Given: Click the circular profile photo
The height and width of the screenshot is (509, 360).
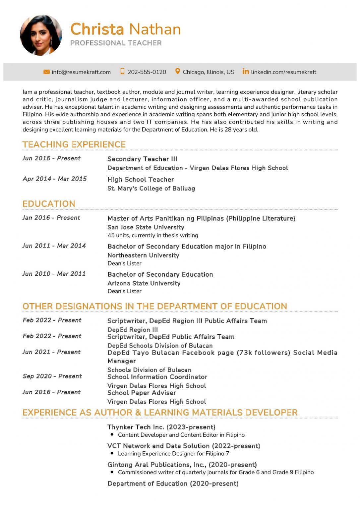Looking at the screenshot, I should [x=41, y=35].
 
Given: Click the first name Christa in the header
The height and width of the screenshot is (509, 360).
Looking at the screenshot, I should [x=97, y=29].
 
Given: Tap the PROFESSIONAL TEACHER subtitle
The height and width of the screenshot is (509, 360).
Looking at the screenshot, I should [x=116, y=43].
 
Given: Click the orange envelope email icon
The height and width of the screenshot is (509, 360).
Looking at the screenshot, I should [x=46, y=72].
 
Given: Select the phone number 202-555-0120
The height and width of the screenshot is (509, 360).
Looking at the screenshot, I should [x=147, y=72].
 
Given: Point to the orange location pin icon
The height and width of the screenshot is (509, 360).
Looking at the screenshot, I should [x=178, y=72].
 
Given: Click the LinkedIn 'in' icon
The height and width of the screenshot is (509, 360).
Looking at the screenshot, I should [x=246, y=72].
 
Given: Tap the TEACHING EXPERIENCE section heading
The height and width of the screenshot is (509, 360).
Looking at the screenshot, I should [x=74, y=144].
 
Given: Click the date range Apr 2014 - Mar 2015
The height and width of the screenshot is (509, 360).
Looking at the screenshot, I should [x=55, y=179].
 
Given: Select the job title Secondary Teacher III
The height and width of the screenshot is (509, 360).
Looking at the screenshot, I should [x=142, y=159].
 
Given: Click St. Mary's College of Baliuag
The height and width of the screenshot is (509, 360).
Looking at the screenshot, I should [x=151, y=189].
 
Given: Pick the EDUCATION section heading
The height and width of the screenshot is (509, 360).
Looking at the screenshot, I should [x=49, y=204].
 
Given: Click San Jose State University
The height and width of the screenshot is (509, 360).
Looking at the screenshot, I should [x=146, y=227].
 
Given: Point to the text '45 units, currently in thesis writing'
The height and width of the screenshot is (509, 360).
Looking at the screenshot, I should [x=153, y=235].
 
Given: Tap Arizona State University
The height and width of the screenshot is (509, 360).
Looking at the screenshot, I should [x=144, y=283].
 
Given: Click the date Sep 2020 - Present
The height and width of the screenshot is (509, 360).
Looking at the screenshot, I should [x=52, y=376].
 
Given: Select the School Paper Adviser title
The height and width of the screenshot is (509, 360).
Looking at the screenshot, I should [x=142, y=393].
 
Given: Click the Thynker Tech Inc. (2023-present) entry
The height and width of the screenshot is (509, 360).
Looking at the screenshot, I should [x=161, y=427].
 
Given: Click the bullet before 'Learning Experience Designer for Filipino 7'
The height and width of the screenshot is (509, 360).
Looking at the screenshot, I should [x=112, y=453].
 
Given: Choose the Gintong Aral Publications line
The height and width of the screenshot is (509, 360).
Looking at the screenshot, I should [x=182, y=465].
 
